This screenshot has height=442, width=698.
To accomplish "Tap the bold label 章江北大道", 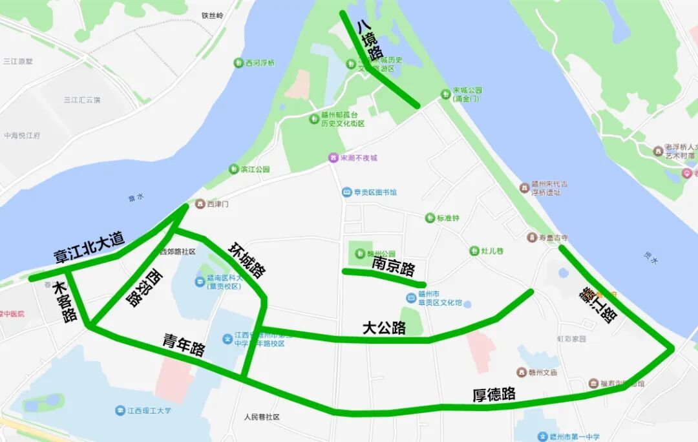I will click(x=89, y=247).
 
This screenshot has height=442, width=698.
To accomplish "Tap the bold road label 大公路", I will click(x=384, y=328).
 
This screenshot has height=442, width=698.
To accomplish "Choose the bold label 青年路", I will click(x=184, y=345).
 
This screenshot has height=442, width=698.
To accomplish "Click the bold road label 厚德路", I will click(x=494, y=394).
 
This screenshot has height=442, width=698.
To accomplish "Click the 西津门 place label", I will click(x=217, y=204).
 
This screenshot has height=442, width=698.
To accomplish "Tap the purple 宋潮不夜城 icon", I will click(x=333, y=158).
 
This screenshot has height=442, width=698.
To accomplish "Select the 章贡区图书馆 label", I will click(x=374, y=192).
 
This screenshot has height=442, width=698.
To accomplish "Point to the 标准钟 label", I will click(x=447, y=218).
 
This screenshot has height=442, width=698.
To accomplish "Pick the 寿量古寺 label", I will click(x=553, y=238).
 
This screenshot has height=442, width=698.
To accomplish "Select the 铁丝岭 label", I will click(x=212, y=15).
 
